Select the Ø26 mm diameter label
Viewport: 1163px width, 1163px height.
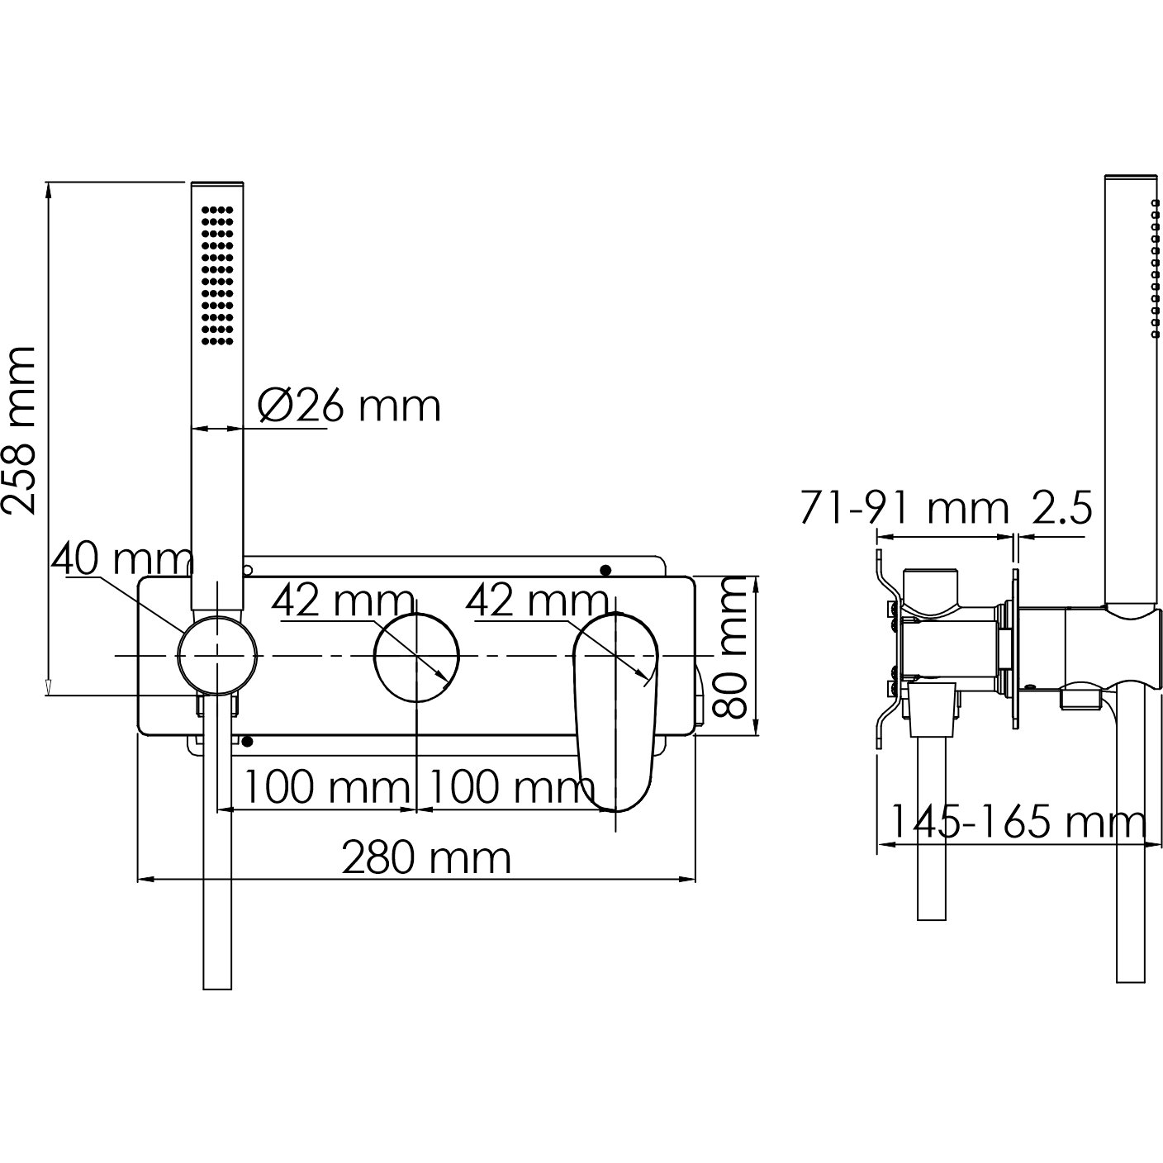point(349,406)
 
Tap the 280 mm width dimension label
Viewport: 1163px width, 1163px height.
point(427,858)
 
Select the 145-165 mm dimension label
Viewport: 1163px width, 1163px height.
point(1018,821)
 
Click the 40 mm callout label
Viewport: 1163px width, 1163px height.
point(121,560)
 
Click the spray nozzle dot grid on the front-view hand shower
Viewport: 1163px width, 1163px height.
point(216,276)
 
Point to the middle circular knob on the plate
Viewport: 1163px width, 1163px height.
point(416,657)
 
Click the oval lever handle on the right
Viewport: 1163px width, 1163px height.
point(615,713)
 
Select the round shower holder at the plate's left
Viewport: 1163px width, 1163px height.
point(217,655)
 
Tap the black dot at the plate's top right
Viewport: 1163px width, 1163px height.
point(605,570)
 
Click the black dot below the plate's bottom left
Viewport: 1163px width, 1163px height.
point(247,741)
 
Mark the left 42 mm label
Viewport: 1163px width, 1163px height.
point(343,601)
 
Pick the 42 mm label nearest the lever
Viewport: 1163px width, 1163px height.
point(537,601)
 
